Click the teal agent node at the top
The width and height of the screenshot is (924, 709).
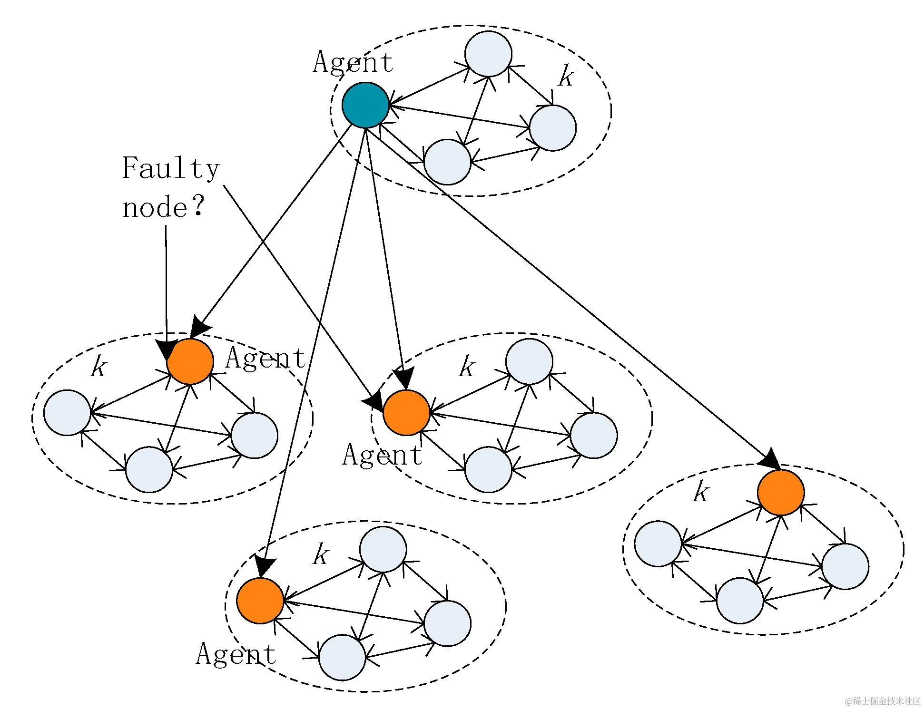click(x=365, y=105)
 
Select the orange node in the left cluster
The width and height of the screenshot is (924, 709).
click(x=190, y=361)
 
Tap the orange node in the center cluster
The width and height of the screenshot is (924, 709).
click(x=406, y=413)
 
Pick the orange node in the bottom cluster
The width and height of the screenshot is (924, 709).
click(x=260, y=601)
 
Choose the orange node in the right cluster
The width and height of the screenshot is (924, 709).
click(x=781, y=492)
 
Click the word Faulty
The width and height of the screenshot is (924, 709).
click(x=171, y=168)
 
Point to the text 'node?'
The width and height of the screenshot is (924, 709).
click(x=163, y=207)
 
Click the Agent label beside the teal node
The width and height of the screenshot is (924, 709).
click(x=353, y=62)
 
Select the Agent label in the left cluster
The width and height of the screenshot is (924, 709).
click(x=265, y=358)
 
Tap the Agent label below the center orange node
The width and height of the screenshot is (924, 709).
click(x=382, y=455)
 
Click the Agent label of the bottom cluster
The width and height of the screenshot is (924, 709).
click(x=236, y=654)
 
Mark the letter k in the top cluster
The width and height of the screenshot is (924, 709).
click(x=566, y=76)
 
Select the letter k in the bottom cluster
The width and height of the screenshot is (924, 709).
click(x=321, y=554)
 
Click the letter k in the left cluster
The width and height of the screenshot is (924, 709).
click(x=99, y=366)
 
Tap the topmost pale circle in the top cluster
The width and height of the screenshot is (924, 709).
click(x=488, y=54)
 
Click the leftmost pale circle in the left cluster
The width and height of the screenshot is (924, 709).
click(x=67, y=412)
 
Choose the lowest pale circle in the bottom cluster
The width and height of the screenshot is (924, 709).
click(x=342, y=657)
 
